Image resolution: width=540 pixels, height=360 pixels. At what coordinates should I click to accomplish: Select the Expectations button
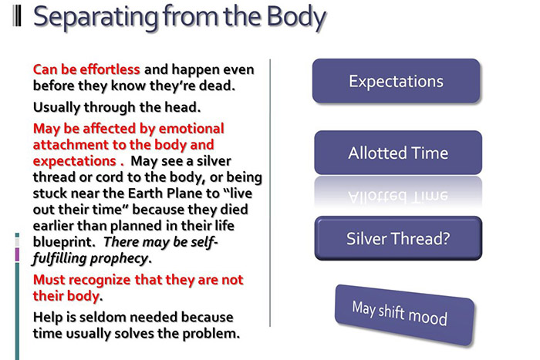396,81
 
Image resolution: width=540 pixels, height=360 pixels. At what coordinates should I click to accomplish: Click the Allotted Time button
398,153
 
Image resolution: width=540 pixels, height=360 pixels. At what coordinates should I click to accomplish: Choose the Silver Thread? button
398,238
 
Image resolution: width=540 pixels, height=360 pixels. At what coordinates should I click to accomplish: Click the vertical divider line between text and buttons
270,193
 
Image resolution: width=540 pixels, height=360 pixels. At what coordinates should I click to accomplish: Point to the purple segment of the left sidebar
17,255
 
